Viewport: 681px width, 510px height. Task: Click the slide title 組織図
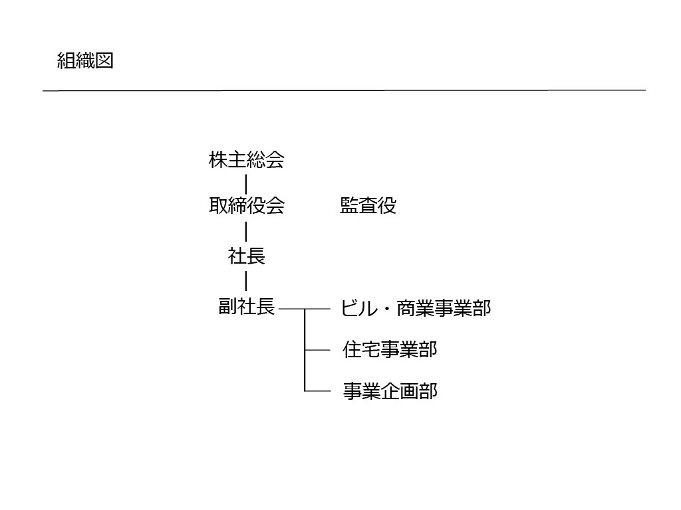coord(85,60)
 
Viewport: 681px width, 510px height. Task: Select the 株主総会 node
coord(246,159)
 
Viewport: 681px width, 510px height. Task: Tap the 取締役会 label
coord(246,205)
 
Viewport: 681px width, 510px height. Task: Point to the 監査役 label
coord(368,205)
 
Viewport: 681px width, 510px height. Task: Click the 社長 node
coord(246,256)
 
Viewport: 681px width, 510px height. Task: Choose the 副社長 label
coord(246,307)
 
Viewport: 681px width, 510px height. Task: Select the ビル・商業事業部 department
coord(416,308)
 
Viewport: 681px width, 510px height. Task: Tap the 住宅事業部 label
coord(390,349)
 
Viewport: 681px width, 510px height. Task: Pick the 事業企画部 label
coord(390,390)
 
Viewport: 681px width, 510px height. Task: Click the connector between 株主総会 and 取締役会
coord(246,185)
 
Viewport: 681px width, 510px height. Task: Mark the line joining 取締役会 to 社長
coord(246,231)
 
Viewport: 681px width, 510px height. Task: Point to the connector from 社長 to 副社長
coord(246,281)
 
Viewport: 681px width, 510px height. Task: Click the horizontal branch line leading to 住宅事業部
coord(317,350)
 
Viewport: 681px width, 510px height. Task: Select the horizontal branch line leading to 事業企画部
coord(317,391)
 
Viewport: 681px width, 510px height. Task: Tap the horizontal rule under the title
coord(344,90)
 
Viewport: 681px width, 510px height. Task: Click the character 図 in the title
coord(104,60)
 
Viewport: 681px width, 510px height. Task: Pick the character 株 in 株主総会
coord(218,159)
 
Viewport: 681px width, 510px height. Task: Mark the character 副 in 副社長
coord(227,307)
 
